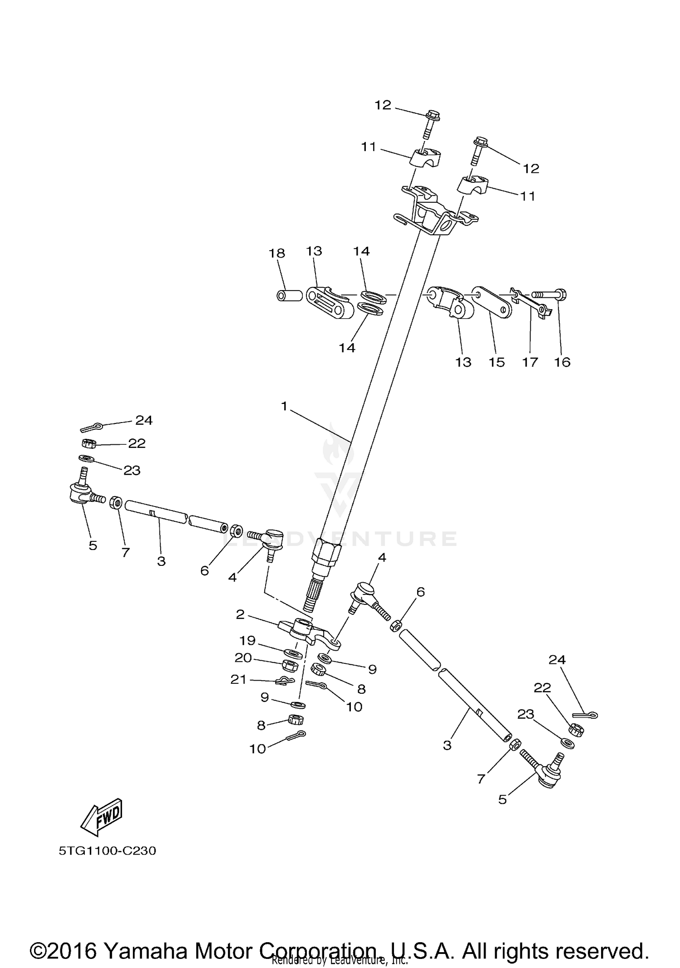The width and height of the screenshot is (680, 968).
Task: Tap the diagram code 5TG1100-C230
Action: click(x=107, y=851)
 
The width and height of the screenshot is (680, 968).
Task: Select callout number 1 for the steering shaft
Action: click(x=284, y=406)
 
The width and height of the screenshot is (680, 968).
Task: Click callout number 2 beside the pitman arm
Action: click(x=240, y=614)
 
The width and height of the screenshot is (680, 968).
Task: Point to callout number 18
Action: click(x=277, y=253)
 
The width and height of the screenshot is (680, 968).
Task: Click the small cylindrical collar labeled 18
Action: click(x=289, y=296)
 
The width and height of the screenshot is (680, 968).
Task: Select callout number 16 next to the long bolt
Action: click(x=562, y=362)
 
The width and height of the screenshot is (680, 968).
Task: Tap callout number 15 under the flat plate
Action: click(x=497, y=362)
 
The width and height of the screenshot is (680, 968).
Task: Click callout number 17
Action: click(x=530, y=362)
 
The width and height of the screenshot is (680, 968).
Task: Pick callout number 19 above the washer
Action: click(x=248, y=640)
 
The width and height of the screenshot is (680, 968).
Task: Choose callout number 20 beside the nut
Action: click(x=243, y=657)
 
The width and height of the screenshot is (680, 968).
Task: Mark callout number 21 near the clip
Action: click(x=239, y=679)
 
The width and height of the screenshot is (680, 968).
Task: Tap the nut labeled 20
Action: click(x=289, y=666)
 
